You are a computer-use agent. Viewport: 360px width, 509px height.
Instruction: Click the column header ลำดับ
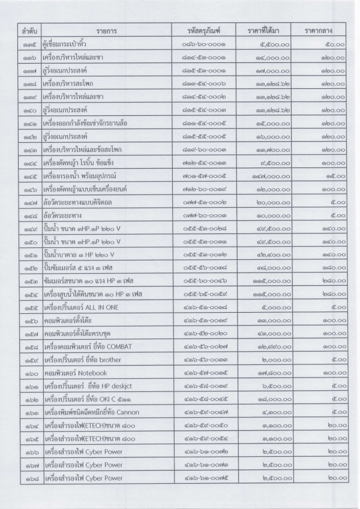28,29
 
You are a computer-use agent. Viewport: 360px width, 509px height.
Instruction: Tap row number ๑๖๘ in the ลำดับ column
28,478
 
